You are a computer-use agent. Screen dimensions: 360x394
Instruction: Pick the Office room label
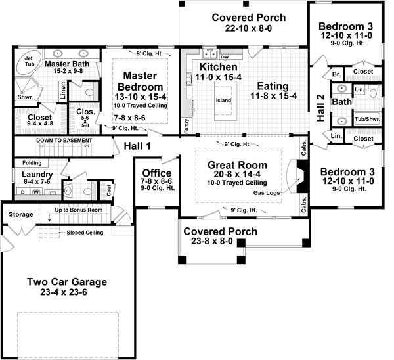(157, 173)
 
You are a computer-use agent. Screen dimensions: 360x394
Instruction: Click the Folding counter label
(31, 162)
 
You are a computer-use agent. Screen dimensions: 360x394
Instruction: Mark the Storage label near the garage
(21, 214)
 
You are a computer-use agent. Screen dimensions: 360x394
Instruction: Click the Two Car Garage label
(67, 282)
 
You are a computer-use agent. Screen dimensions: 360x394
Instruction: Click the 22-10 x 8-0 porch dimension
(242, 29)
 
